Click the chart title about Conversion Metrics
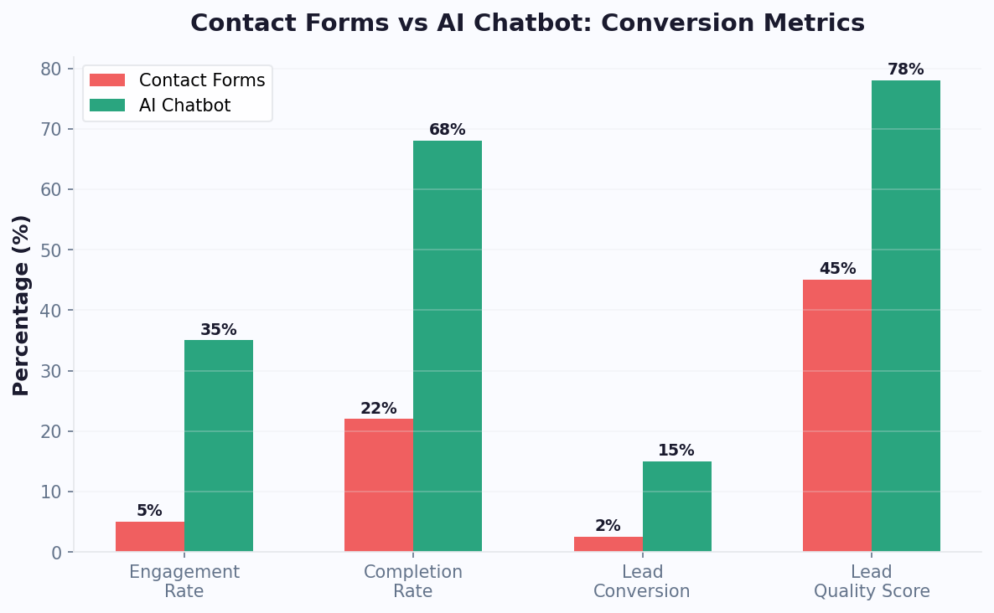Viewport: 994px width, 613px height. tap(527, 23)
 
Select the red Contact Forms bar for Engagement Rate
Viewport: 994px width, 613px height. tap(150, 537)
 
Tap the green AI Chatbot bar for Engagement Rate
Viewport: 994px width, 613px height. tap(219, 446)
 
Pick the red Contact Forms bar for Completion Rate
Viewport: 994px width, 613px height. tap(379, 485)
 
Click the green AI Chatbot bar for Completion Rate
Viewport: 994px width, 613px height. tap(448, 346)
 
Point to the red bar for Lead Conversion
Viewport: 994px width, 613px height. tap(608, 544)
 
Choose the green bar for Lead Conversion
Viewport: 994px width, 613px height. tap(677, 506)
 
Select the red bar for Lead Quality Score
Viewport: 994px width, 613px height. tap(837, 415)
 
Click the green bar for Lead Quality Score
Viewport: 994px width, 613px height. tap(906, 316)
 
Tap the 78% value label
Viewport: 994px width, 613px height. tap(906, 70)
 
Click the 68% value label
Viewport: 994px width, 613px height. tap(448, 130)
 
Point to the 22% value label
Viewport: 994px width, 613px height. tap(379, 409)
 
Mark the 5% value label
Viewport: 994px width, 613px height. tap(150, 511)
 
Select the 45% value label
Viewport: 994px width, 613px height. tap(837, 269)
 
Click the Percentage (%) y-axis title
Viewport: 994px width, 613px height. tap(22, 305)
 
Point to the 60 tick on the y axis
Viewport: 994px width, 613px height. tap(52, 189)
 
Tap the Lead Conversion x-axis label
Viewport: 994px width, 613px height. tap(642, 582)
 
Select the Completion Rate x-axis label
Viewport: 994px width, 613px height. tap(413, 582)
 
